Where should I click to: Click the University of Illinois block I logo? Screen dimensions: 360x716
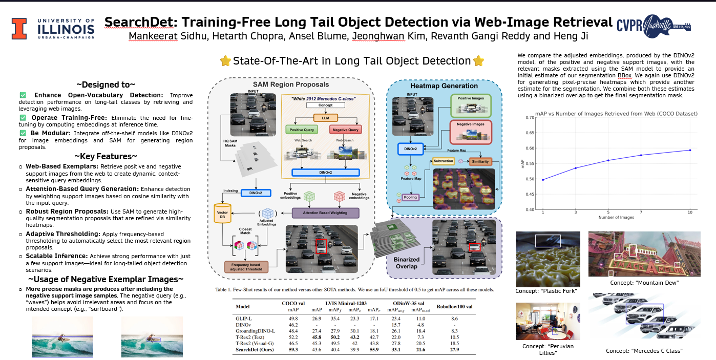(x=19, y=29)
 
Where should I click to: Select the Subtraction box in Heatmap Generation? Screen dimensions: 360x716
(x=444, y=161)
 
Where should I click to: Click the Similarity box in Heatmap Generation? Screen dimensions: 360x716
(x=480, y=161)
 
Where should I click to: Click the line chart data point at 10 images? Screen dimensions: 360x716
(x=690, y=150)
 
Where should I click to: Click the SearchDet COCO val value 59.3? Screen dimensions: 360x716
(x=293, y=350)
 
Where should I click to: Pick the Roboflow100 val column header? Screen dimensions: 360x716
(x=454, y=307)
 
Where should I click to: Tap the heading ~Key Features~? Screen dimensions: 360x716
(x=106, y=156)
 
